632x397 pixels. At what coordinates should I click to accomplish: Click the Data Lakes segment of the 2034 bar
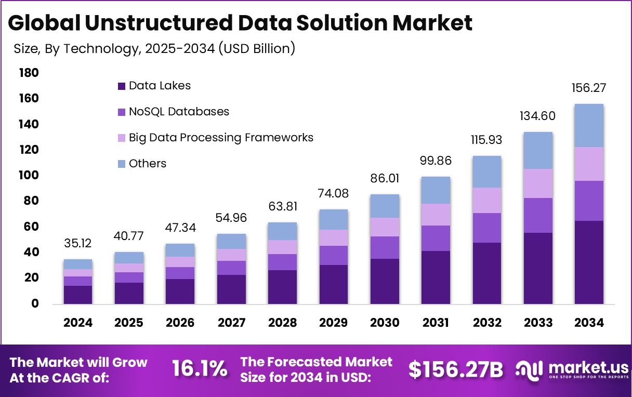(x=589, y=262)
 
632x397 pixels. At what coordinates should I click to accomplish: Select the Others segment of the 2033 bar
(x=538, y=151)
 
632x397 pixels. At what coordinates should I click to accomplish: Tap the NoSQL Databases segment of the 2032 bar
(x=486, y=228)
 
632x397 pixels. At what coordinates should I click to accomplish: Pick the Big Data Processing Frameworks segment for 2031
(x=436, y=214)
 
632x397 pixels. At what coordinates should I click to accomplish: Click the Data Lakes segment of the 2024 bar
(x=78, y=295)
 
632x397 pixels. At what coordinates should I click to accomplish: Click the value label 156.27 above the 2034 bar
(x=589, y=88)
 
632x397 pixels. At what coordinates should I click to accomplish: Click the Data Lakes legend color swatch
(x=122, y=86)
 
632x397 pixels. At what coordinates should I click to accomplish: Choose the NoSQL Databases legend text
(x=179, y=112)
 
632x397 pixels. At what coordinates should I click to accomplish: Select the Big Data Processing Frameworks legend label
(x=221, y=138)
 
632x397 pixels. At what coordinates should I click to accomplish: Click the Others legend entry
(x=148, y=164)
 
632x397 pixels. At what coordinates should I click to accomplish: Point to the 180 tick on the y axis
(x=29, y=73)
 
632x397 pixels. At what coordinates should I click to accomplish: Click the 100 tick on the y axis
(x=29, y=176)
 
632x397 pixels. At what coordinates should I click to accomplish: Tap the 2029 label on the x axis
(x=333, y=323)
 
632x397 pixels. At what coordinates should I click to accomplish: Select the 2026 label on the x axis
(x=180, y=323)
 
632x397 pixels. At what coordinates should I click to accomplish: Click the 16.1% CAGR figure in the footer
(x=200, y=369)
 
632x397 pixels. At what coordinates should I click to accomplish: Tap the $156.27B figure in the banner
(x=456, y=369)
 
